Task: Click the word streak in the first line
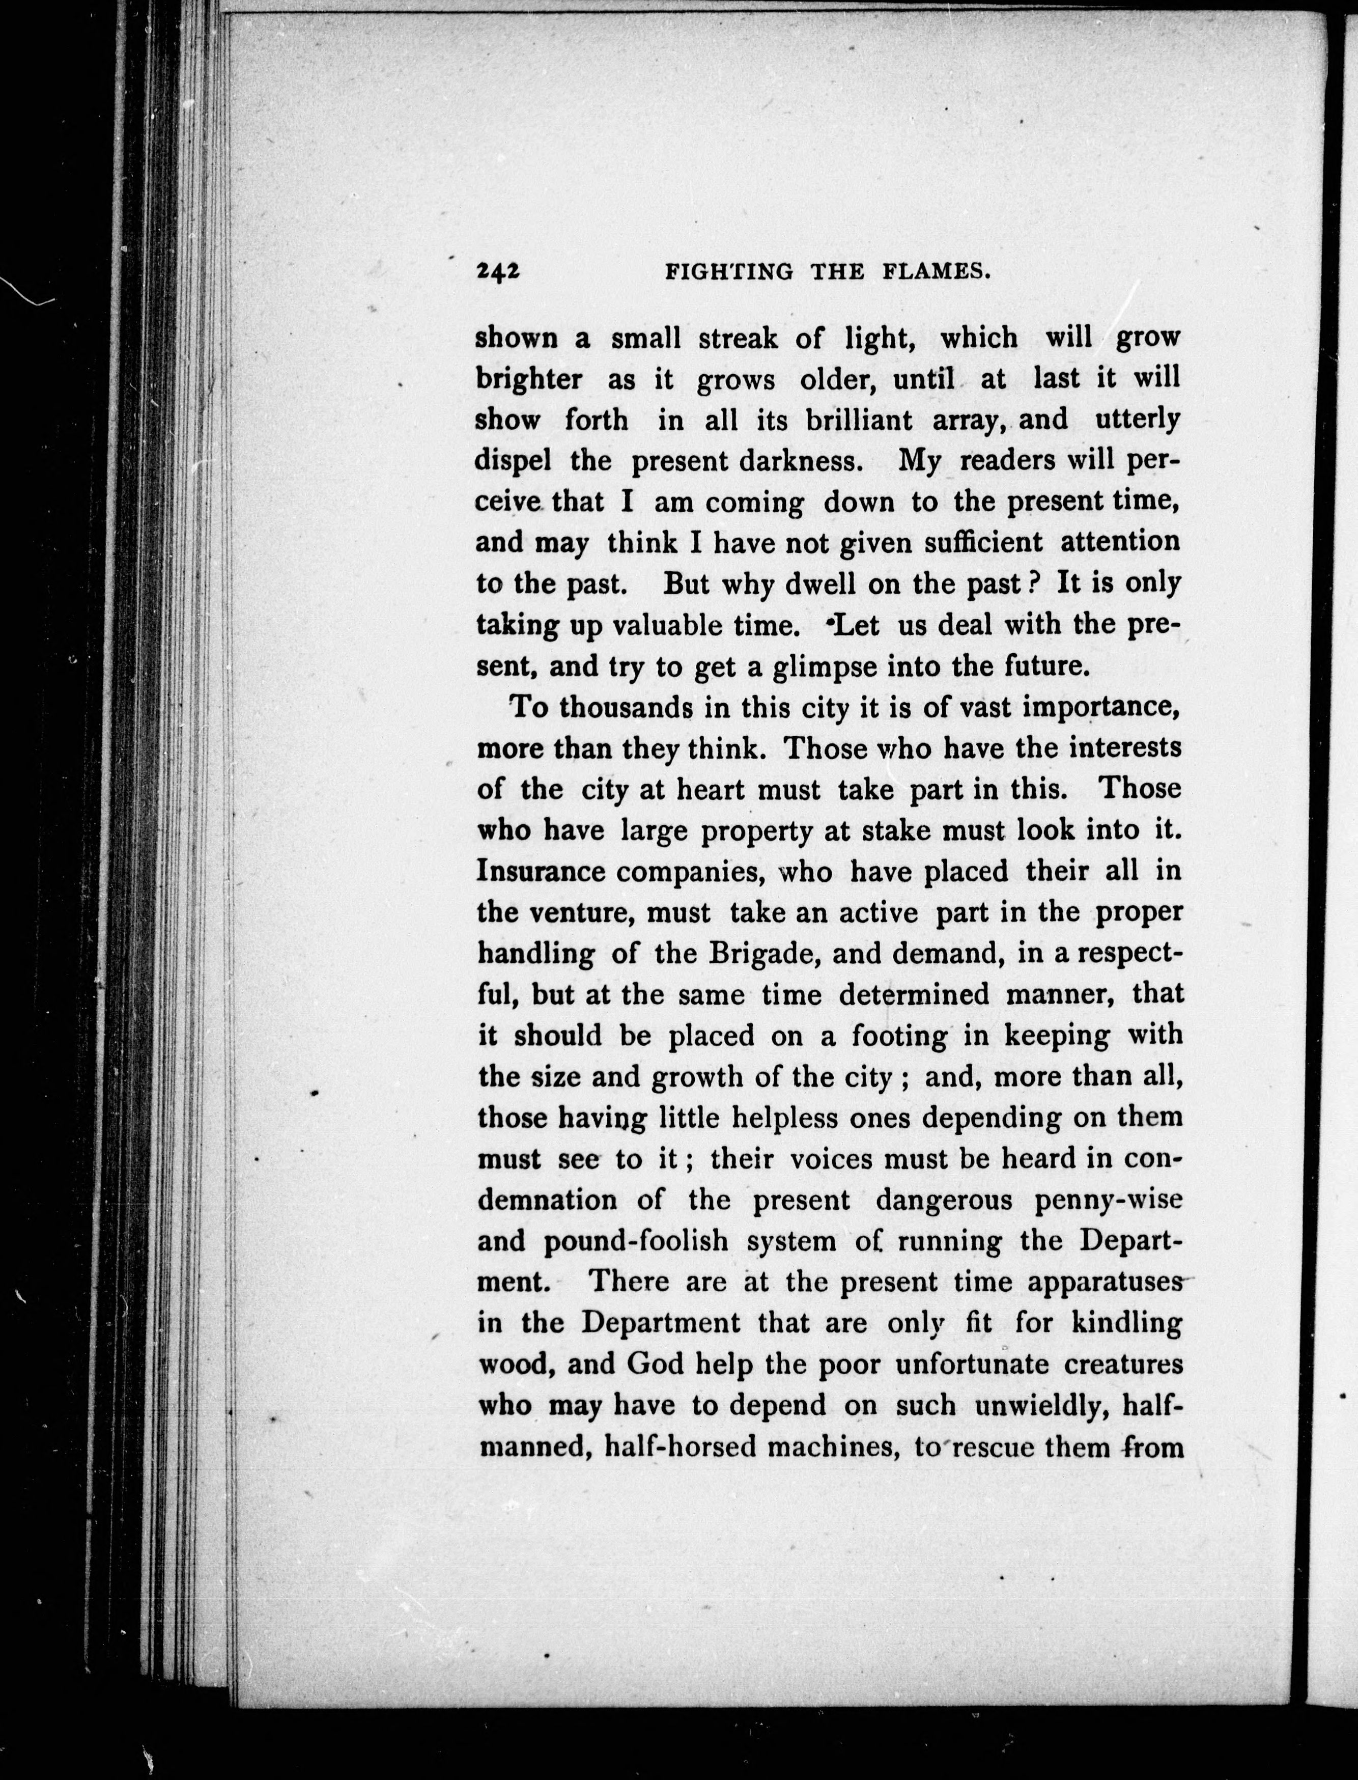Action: coord(738,338)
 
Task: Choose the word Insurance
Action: coord(541,871)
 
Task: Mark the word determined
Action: coord(914,994)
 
